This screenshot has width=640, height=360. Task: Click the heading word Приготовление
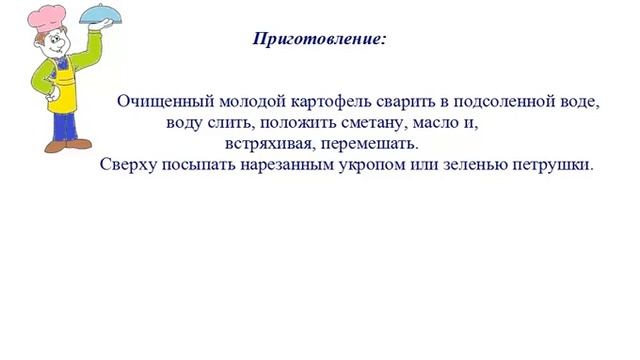point(317,40)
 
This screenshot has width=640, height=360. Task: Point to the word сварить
point(393,103)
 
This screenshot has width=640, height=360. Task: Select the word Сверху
point(127,165)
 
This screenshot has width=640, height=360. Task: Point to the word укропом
point(383,165)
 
